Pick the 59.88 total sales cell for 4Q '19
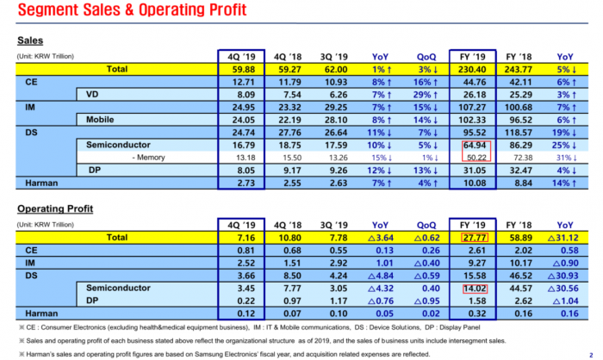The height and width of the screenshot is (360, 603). (x=240, y=68)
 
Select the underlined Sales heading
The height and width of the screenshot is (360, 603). (x=30, y=40)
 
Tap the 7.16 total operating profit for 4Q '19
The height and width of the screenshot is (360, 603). (x=240, y=237)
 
